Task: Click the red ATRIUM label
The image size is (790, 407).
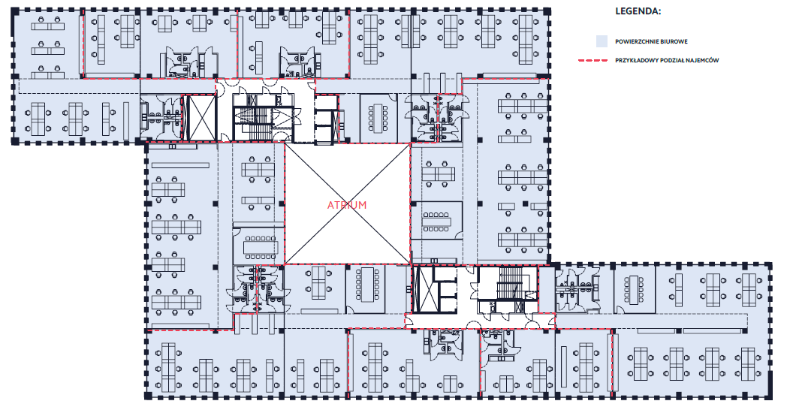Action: tap(347, 205)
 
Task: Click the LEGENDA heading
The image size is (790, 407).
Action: tap(638, 11)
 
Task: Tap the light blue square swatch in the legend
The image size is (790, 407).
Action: tap(601, 41)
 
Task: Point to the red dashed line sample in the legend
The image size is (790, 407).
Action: tap(592, 60)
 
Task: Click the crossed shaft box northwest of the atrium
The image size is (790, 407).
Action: tap(201, 117)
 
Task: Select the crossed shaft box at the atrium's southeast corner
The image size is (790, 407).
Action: tap(423, 290)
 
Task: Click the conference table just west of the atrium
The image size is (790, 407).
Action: tap(261, 247)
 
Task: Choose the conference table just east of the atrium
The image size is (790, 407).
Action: tap(436, 222)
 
